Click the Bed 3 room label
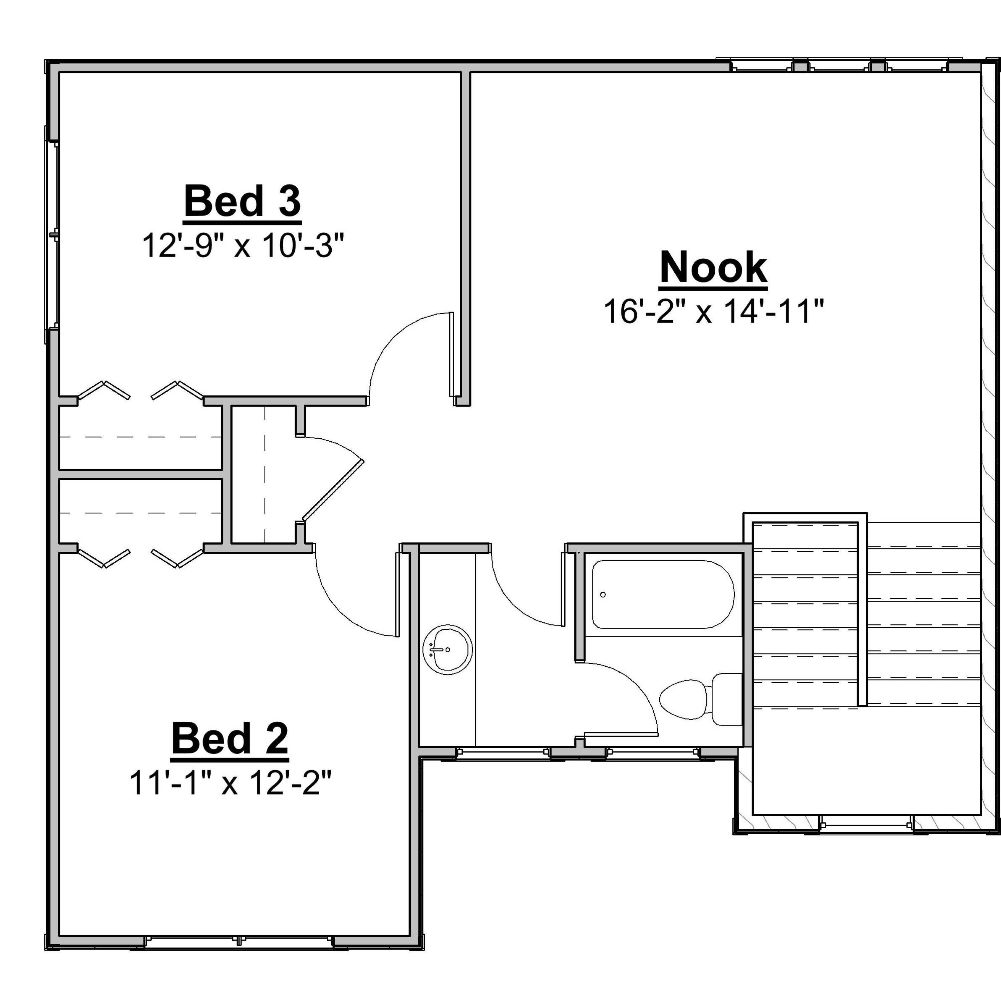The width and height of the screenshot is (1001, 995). [x=243, y=202]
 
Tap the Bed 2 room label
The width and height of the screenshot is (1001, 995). [x=230, y=739]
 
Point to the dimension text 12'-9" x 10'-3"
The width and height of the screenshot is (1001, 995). [x=243, y=245]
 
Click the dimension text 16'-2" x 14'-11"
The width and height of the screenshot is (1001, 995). [x=713, y=312]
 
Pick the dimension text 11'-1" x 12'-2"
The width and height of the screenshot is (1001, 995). [x=230, y=783]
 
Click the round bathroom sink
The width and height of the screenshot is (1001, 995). [x=448, y=649]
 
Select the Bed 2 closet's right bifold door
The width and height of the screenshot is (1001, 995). [x=177, y=558]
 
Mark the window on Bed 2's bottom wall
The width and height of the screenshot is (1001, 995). [x=238, y=940]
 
